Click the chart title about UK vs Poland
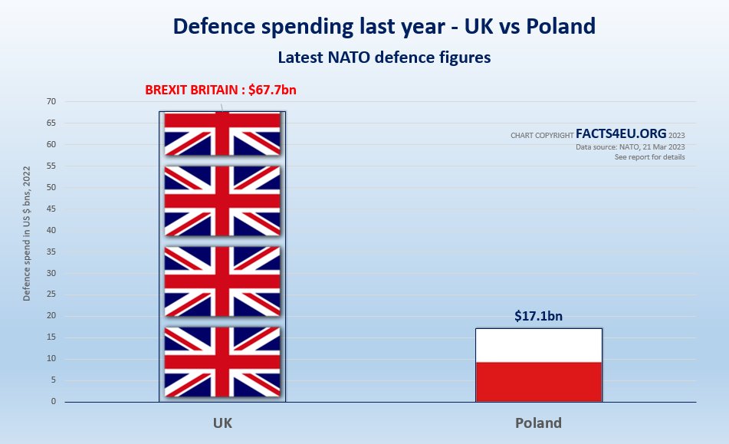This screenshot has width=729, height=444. coord(384,26)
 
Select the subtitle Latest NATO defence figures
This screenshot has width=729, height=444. coord(384,57)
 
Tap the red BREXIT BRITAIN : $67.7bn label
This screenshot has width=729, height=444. coord(221,90)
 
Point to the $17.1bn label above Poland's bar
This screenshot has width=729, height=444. coord(539,315)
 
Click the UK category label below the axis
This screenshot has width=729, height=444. coord(222,423)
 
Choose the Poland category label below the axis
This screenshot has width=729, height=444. coord(538,423)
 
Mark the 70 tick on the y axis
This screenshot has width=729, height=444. coord(51,101)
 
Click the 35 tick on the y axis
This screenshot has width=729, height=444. coord(51,273)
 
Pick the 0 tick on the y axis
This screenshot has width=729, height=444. coord(54,401)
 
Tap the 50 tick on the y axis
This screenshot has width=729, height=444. coord(51,187)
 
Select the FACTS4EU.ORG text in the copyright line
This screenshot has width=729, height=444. coord(621,133)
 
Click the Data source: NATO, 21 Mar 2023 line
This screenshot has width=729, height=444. coord(630,146)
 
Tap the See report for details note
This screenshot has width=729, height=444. coord(649,157)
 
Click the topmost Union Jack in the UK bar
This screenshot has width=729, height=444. coord(222,133)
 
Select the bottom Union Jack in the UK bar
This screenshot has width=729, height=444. coord(222,361)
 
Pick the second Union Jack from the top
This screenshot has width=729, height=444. coord(222,201)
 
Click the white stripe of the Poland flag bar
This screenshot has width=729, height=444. coord(539,345)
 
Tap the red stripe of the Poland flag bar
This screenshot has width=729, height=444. coord(539,381)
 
